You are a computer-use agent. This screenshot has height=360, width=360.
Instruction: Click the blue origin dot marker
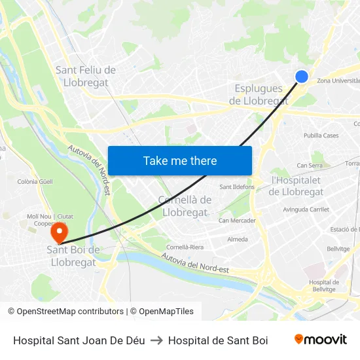tap(302, 77)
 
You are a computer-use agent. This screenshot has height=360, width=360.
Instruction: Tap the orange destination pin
tap(60, 232)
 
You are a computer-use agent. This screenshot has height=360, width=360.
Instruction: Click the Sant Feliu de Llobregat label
tap(86, 77)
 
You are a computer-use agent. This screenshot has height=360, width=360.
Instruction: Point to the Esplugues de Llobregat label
tap(259, 94)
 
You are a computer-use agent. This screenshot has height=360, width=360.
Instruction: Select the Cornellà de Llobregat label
tap(185, 206)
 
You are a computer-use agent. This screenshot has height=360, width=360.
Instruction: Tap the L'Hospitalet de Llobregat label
tap(297, 186)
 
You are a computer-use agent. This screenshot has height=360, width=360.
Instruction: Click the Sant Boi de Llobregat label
tap(73, 256)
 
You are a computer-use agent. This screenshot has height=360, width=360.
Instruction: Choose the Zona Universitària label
tap(338, 81)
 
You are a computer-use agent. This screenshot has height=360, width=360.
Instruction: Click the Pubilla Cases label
tap(321, 135)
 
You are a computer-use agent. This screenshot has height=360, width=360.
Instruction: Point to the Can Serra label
tap(310, 166)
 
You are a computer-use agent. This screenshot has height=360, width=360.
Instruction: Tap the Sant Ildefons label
tap(237, 187)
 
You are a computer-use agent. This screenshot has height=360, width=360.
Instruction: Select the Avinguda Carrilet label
tap(306, 209)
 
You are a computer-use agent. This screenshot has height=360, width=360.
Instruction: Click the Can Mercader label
tap(237, 221)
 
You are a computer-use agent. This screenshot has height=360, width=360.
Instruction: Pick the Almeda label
tap(237, 240)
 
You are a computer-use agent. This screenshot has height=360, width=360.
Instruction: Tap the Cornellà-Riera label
tap(185, 247)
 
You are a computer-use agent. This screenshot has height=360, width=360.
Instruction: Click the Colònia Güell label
tap(35, 181)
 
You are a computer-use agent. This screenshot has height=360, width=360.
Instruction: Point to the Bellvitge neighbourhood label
tap(338, 249)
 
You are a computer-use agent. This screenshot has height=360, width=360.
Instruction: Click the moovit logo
tap(320, 340)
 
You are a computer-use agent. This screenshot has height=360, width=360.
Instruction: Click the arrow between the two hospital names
tap(156, 340)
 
